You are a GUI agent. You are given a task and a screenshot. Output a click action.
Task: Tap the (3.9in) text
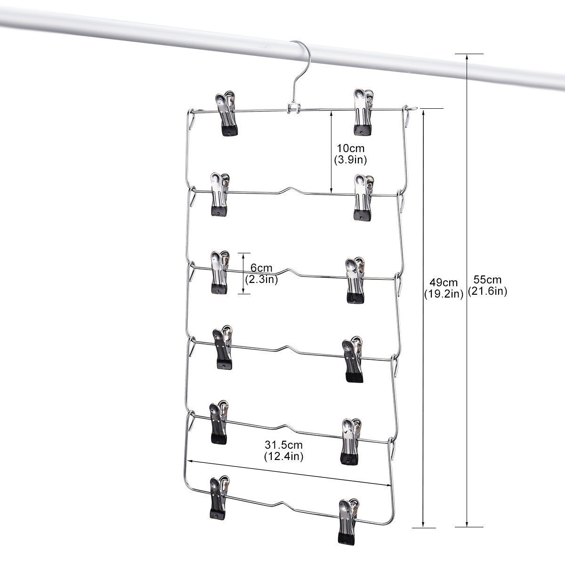tap(350, 160)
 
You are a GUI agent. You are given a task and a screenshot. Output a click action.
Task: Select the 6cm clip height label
tap(261, 268)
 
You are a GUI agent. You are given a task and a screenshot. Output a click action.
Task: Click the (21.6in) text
tap(487, 291)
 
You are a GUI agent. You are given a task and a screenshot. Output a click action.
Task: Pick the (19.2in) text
tap(444, 294)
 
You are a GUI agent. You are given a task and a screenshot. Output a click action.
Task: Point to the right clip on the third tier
tap(355, 280)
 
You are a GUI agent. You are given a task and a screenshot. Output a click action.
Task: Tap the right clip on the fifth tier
tap(350, 440)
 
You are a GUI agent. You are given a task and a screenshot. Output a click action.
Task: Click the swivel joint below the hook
tap(293, 108)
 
